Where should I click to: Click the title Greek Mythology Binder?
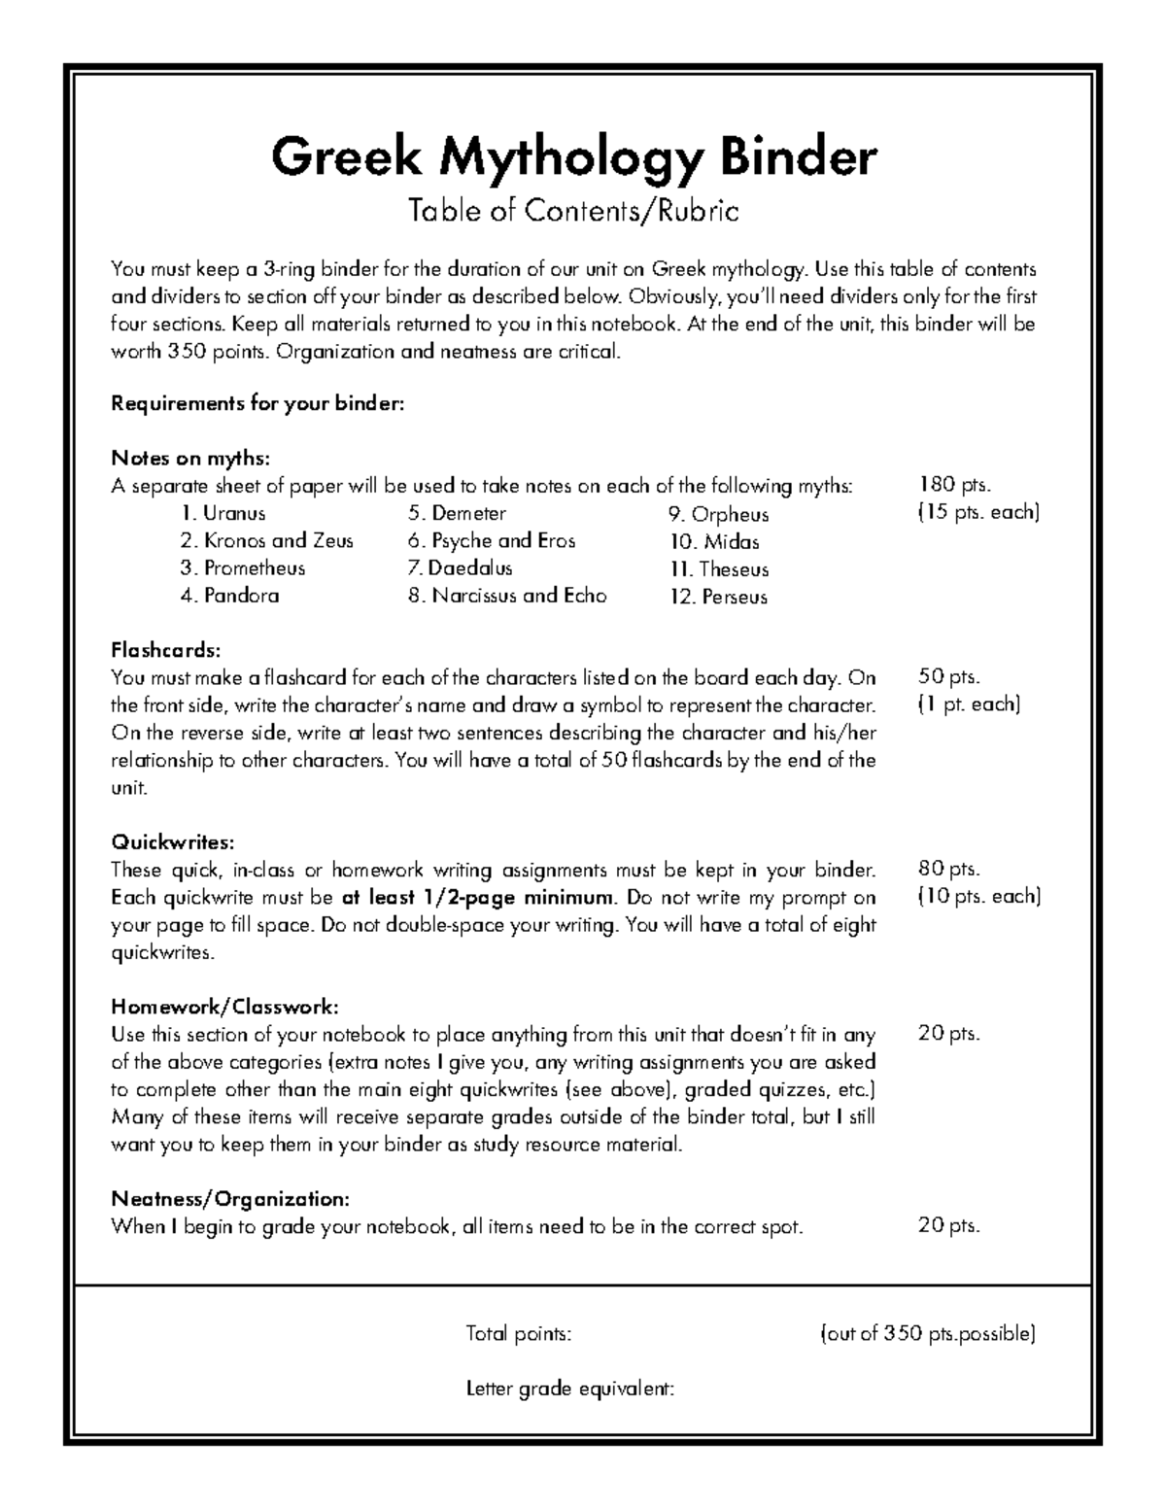click(573, 157)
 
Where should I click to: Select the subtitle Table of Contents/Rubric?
click(573, 211)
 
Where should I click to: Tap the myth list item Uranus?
click(223, 513)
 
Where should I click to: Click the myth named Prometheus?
click(243, 568)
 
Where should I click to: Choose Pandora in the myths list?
click(229, 596)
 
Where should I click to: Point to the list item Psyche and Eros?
click(492, 540)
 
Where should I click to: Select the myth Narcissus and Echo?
click(507, 596)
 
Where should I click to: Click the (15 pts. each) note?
click(978, 512)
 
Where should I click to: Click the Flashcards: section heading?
click(166, 649)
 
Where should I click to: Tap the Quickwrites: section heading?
click(173, 841)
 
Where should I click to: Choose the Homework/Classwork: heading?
click(225, 1006)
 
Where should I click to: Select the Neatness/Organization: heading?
click(229, 1198)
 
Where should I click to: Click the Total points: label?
click(519, 1334)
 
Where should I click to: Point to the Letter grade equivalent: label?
click(570, 1389)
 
